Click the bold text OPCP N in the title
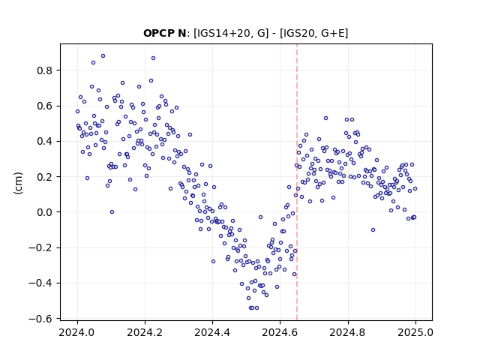click(x=164, y=33)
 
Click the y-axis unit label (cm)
click(x=18, y=183)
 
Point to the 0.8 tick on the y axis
click(x=45, y=70)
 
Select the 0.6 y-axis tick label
click(x=45, y=106)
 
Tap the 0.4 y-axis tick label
click(x=45, y=142)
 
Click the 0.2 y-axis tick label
click(x=45, y=177)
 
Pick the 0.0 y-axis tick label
click(x=45, y=212)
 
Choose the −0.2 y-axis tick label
click(x=40, y=248)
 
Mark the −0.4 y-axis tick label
click(x=40, y=283)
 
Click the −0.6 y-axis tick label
click(x=40, y=319)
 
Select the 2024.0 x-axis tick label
click(x=77, y=332)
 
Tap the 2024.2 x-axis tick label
click(x=145, y=332)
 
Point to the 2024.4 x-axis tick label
click(x=212, y=332)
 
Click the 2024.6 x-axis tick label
click(x=280, y=332)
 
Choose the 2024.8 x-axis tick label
click(x=347, y=332)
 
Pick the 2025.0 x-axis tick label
click(x=415, y=332)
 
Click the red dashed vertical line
click(x=297, y=182)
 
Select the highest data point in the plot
click(x=103, y=56)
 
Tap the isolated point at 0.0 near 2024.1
click(x=112, y=211)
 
